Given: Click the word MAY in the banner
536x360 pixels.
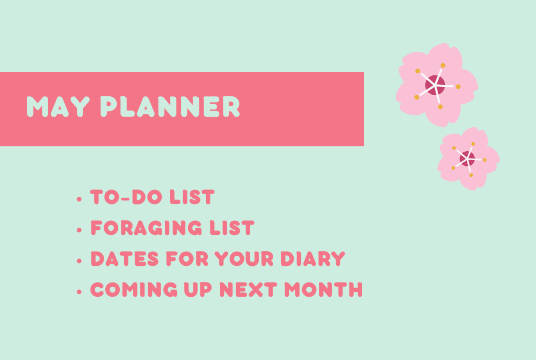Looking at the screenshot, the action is (x=58, y=107).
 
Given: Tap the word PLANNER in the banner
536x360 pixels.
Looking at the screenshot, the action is (x=170, y=107).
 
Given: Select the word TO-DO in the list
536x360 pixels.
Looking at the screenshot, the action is (x=126, y=197).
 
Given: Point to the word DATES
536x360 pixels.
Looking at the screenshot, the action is (x=125, y=258).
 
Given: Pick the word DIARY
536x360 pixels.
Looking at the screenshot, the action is (x=313, y=258).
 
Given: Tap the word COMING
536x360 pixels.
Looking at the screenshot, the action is (x=133, y=290).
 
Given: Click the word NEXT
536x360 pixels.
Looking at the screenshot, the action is (x=248, y=290).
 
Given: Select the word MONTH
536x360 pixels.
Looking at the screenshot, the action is (x=323, y=290).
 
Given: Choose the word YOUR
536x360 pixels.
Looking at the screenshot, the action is (x=244, y=258).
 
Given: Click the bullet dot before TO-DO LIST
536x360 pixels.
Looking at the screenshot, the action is (x=80, y=199).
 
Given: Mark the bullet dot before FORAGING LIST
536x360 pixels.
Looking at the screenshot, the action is (x=80, y=230).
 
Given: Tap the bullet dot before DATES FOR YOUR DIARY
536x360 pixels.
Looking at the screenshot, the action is (x=80, y=261).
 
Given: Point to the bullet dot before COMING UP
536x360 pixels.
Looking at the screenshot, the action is (x=80, y=291).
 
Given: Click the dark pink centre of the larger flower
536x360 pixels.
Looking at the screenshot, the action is (x=435, y=85).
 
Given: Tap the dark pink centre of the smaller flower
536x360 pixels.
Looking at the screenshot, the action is (x=467, y=159).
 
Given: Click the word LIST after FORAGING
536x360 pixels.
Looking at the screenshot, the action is (x=232, y=228).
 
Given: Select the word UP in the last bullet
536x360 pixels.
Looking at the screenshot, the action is (x=198, y=290).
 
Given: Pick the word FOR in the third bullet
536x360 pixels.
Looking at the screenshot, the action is (x=187, y=258).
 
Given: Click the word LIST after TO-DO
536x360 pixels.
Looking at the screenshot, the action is (x=192, y=197).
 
